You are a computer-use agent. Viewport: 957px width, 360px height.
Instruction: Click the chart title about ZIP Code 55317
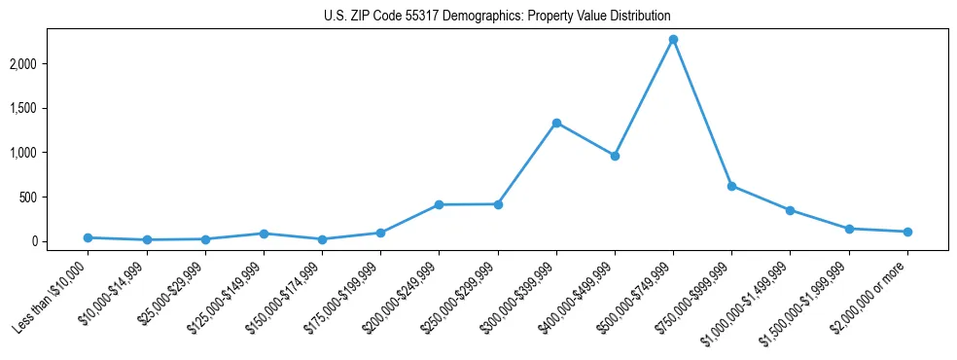(x=497, y=16)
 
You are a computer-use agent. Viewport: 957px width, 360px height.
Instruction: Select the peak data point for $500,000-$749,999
(x=673, y=40)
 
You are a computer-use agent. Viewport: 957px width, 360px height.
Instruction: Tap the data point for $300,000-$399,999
(x=556, y=123)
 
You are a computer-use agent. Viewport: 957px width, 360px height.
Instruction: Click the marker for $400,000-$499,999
(x=615, y=156)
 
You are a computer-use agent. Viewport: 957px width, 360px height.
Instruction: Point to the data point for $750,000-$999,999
(x=731, y=186)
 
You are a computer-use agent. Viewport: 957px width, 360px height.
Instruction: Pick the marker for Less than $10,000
(x=88, y=237)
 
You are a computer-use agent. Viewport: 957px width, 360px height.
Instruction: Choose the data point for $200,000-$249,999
(x=439, y=204)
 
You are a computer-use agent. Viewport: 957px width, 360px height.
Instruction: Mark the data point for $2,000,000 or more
(x=907, y=232)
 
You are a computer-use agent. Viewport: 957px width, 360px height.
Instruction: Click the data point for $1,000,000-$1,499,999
(x=790, y=210)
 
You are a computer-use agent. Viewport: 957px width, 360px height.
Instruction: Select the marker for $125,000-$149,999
(x=264, y=234)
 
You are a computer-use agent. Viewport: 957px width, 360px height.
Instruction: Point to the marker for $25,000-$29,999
(x=205, y=239)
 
